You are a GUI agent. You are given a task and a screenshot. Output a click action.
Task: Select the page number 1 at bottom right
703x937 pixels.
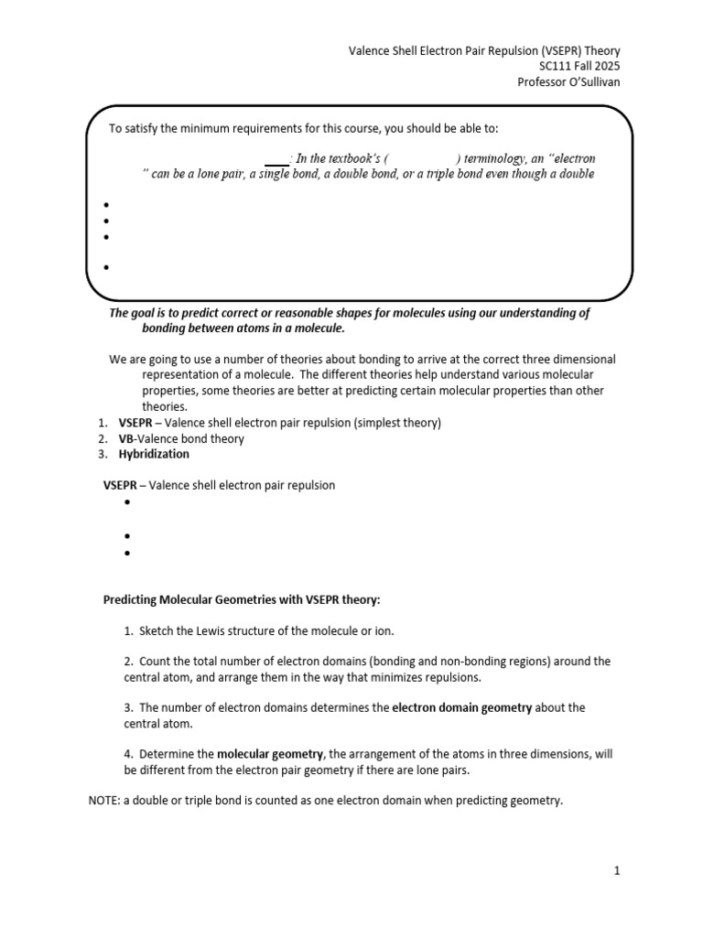[617, 871]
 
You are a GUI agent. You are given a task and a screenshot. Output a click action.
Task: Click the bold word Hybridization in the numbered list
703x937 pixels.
[154, 454]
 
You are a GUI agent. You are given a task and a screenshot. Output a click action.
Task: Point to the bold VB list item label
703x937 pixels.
[125, 438]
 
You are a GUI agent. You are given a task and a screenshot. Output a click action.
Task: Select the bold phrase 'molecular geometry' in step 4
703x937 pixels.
[269, 754]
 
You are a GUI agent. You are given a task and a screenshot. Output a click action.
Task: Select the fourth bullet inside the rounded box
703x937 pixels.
[107, 268]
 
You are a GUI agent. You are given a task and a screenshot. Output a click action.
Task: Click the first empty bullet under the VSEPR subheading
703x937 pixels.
[126, 503]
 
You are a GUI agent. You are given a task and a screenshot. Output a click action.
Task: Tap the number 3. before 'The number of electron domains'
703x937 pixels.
[128, 707]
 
